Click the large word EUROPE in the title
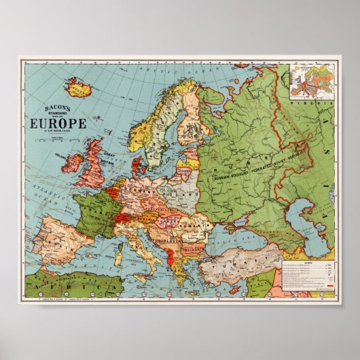[x=57, y=123]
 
